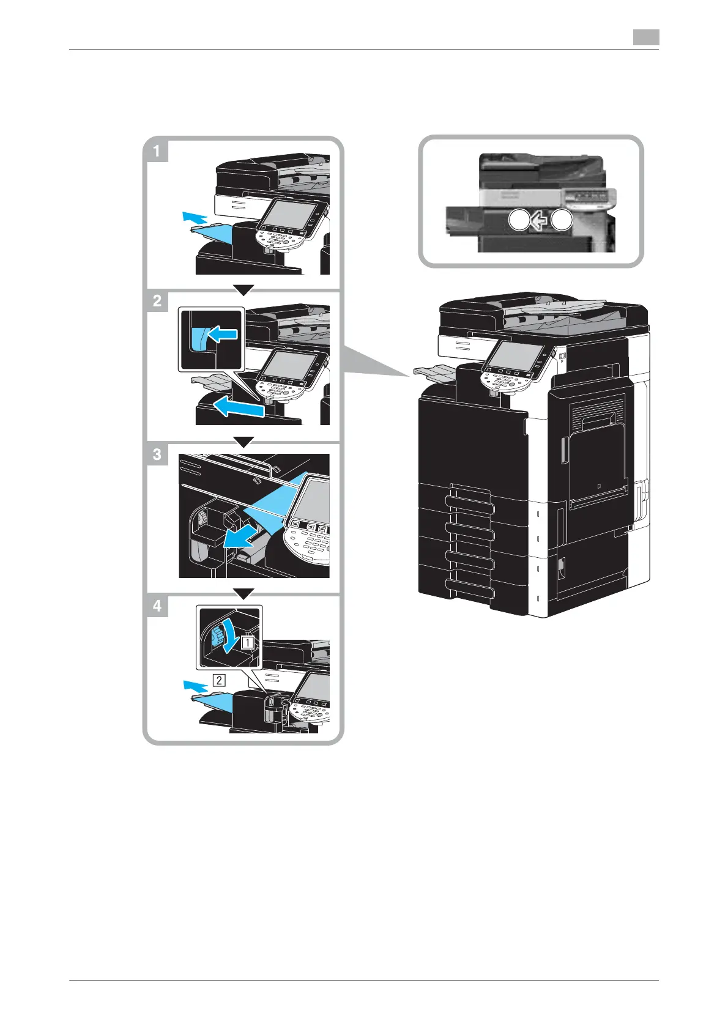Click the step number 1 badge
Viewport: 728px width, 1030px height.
pos(157,150)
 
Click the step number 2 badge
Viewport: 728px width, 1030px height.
pos(157,301)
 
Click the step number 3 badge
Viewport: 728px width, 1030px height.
pos(157,454)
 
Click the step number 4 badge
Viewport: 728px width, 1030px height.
pos(157,606)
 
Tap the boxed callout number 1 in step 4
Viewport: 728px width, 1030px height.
pos(248,642)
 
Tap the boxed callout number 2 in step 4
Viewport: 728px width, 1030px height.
pos(219,679)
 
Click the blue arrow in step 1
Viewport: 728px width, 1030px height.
pos(196,217)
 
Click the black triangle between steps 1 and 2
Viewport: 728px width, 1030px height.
pos(243,289)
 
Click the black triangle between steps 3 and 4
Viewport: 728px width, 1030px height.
pos(243,593)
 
